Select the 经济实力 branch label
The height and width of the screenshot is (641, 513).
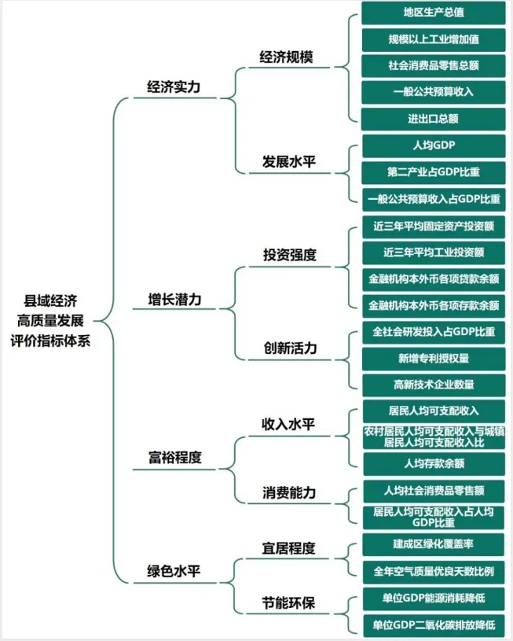tap(174, 87)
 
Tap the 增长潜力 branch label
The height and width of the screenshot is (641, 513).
tap(174, 300)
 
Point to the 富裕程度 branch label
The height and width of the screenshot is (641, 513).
tap(174, 457)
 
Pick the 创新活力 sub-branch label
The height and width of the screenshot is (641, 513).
tap(289, 348)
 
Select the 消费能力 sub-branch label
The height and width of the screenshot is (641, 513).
tap(288, 492)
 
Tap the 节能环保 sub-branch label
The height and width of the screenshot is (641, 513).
tap(288, 603)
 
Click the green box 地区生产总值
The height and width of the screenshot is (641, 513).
tap(433, 13)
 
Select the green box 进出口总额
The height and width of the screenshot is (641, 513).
tap(433, 119)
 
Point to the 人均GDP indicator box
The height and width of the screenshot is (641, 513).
tap(433, 146)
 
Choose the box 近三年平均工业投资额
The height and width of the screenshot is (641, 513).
tap(433, 252)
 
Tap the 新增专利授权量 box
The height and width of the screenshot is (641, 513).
tap(433, 358)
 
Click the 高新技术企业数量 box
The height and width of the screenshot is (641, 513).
tap(433, 385)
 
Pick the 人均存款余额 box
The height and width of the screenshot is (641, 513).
tap(433, 463)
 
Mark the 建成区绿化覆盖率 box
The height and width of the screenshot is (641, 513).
tap(433, 543)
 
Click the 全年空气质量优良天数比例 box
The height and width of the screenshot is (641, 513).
tap(433, 570)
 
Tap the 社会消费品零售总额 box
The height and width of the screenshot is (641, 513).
tap(433, 65)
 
